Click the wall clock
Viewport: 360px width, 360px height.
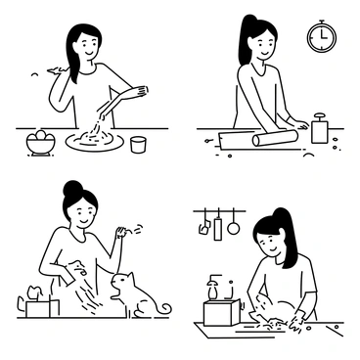321,37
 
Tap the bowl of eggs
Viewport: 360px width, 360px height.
41,143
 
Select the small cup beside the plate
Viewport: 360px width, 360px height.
138,144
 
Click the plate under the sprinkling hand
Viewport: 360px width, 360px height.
94,142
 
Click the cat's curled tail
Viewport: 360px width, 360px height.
161,309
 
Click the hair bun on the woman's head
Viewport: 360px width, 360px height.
72,188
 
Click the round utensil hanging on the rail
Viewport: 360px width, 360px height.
233,228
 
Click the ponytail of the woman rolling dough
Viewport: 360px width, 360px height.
246,39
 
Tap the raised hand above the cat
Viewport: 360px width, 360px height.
120,233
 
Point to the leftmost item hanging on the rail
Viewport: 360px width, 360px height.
204,228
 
